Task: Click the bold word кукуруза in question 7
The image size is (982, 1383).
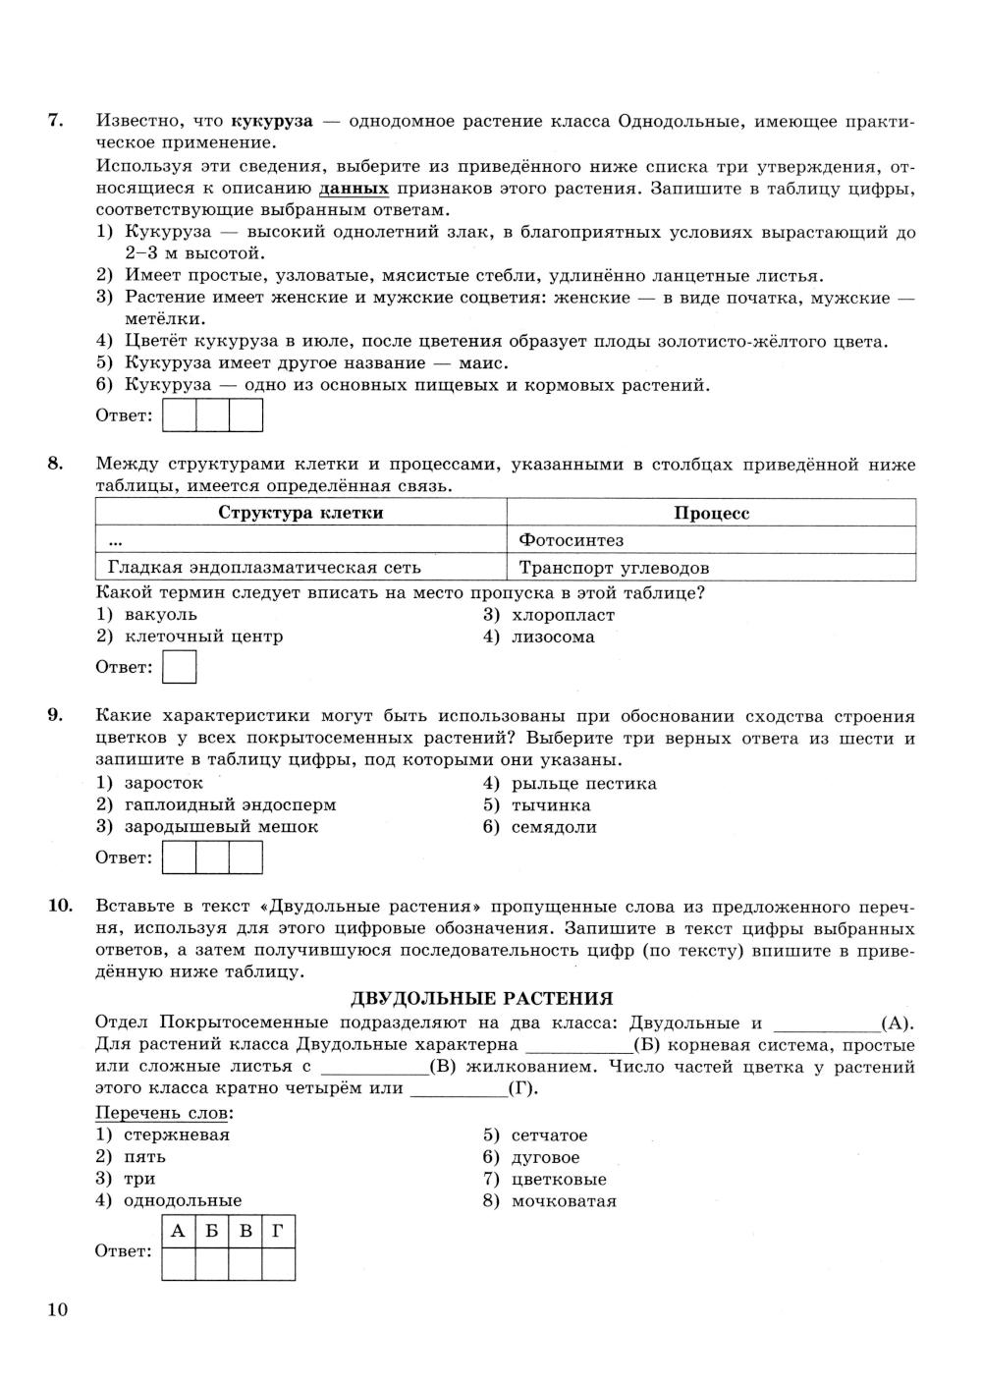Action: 271,122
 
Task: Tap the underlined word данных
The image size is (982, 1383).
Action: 354,189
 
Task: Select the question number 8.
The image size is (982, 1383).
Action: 56,464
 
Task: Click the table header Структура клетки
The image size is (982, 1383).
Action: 300,513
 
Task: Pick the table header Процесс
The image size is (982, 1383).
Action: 711,513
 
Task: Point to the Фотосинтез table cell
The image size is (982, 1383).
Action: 571,540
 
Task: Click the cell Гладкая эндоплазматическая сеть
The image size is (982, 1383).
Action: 264,568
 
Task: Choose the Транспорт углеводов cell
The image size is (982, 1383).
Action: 614,568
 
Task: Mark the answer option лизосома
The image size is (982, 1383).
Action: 552,636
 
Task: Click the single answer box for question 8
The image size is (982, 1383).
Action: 179,668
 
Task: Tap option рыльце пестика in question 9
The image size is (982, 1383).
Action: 583,784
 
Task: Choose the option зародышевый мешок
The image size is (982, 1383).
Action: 220,827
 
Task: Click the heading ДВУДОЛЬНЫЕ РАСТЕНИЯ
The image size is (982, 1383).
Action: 481,999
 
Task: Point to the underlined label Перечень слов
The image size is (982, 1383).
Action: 164,1113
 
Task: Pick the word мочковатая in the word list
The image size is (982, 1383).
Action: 563,1200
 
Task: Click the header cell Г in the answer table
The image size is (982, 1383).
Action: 279,1231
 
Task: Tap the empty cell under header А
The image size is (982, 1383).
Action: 178,1264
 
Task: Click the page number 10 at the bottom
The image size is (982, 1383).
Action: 57,1309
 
